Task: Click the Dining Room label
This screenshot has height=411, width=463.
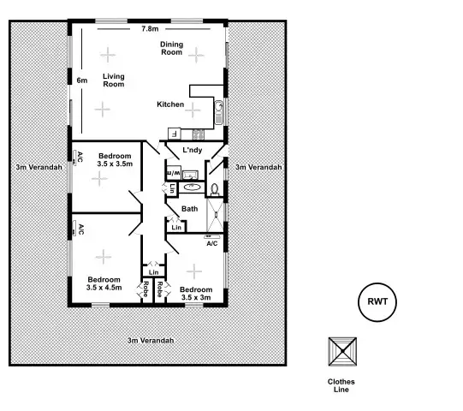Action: (172, 48)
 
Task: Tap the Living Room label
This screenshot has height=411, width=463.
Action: (114, 80)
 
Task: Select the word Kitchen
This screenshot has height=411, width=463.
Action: (170, 104)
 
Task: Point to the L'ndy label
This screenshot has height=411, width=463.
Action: (192, 151)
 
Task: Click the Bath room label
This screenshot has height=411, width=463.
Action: (190, 208)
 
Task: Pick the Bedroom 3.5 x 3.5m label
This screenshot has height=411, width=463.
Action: (115, 158)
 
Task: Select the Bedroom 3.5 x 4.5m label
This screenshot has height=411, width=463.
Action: (104, 283)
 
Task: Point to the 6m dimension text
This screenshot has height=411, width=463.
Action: (82, 80)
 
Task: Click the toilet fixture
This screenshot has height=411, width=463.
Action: (215, 188)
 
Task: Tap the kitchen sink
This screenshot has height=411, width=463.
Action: (219, 109)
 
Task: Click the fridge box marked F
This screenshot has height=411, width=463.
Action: (174, 133)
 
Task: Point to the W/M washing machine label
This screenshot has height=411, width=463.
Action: (171, 172)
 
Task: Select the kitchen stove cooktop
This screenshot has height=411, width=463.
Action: (199, 134)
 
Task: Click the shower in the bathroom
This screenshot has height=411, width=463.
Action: (215, 215)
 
